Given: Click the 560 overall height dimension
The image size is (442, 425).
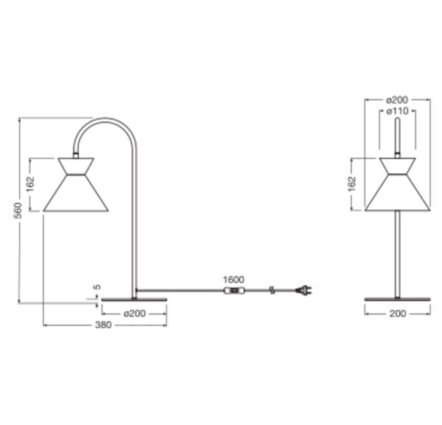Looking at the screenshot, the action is tap(18, 211).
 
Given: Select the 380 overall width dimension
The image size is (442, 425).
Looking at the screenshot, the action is tap(103, 325).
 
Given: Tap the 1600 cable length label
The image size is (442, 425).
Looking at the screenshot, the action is tap(234, 280).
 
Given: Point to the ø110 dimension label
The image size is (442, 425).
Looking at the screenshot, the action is tap(397, 111).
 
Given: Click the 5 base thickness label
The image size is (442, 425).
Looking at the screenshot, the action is tap(97, 287).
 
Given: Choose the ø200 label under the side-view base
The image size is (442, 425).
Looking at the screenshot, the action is tap(135, 313).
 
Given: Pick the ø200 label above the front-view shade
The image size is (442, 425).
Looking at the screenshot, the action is tap(397, 99).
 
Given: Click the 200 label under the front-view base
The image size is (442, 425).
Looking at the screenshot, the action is tap(398, 313).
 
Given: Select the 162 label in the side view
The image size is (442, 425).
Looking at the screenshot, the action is tap(30, 184).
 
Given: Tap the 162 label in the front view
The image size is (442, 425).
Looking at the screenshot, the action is tap(352, 184).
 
